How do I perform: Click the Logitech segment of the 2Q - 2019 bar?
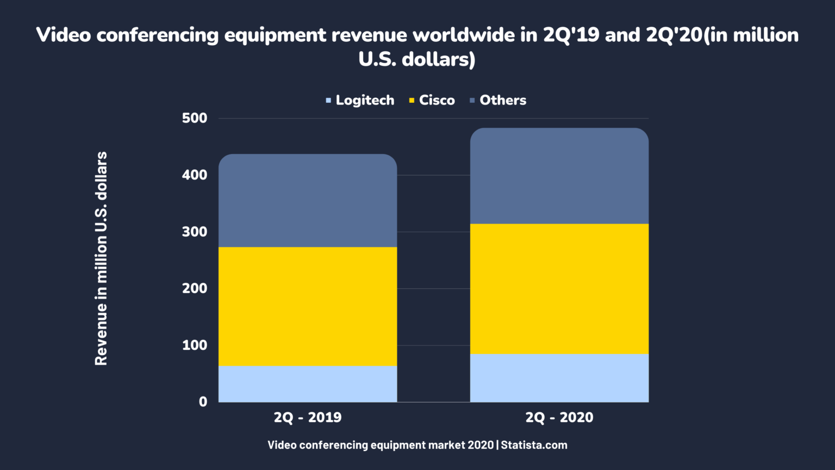tap(308, 384)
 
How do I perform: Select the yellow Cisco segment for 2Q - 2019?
tap(308, 306)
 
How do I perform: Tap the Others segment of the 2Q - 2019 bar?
tap(308, 201)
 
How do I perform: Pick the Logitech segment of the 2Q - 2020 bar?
tap(559, 378)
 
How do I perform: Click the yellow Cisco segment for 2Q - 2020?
tap(559, 289)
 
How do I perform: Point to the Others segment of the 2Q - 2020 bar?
tap(559, 176)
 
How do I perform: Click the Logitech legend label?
tap(365, 100)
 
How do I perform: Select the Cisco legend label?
tap(437, 100)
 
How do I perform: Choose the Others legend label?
tap(503, 100)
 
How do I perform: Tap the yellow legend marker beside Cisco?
tap(412, 101)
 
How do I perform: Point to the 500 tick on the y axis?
tap(195, 118)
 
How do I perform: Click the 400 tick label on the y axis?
tap(195, 175)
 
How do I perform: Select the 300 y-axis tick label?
tap(195, 232)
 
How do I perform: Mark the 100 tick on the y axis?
tap(195, 345)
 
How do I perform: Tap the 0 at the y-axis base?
tap(203, 401)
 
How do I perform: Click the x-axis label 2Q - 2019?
tap(308, 417)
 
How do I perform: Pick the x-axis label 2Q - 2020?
tap(559, 417)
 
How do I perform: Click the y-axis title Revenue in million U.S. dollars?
tap(101, 258)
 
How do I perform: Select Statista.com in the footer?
tap(534, 445)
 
